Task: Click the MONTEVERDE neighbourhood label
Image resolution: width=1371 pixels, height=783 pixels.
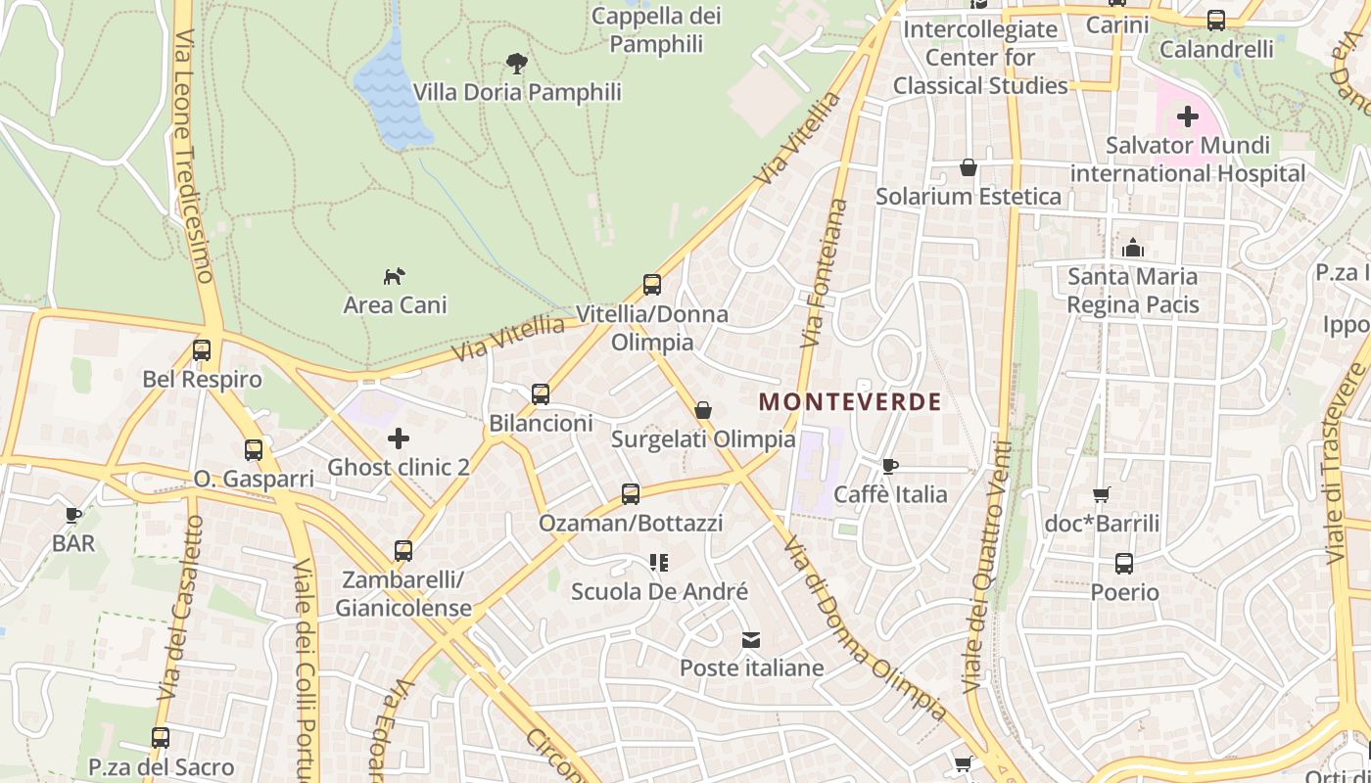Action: pyautogui.click(x=850, y=401)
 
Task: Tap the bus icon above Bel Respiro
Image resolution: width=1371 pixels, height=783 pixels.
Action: pyautogui.click(x=202, y=349)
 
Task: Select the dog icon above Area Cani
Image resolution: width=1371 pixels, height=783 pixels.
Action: pyautogui.click(x=394, y=276)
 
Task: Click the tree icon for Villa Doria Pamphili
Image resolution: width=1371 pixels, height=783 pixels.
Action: pyautogui.click(x=517, y=65)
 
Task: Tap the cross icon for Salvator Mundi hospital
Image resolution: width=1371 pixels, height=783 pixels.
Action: pyautogui.click(x=1188, y=117)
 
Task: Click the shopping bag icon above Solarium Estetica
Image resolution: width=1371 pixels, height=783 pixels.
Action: pyautogui.click(x=969, y=167)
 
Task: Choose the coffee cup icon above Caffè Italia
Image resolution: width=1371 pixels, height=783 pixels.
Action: pyautogui.click(x=889, y=466)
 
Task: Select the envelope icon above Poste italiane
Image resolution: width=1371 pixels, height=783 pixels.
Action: pyautogui.click(x=751, y=640)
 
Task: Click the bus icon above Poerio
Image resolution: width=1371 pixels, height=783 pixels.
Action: pyautogui.click(x=1124, y=564)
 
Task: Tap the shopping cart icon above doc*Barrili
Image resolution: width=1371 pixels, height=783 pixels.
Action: pyautogui.click(x=1102, y=495)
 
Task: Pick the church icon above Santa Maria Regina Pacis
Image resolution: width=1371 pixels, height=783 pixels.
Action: pyautogui.click(x=1133, y=248)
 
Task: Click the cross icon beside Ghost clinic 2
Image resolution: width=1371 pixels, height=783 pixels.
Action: pyautogui.click(x=399, y=438)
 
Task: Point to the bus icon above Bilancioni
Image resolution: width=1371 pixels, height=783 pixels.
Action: pyautogui.click(x=541, y=394)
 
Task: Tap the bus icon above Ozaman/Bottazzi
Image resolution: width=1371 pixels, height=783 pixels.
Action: pyautogui.click(x=631, y=494)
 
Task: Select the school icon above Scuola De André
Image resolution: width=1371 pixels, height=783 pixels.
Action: pyautogui.click(x=659, y=563)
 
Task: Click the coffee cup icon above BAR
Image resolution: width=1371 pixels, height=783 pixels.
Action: pyautogui.click(x=73, y=515)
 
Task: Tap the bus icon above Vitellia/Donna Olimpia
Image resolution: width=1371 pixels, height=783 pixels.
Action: pyautogui.click(x=652, y=285)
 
